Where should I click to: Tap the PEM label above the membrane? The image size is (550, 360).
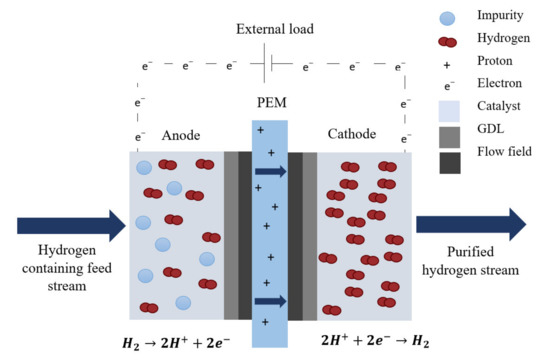[268, 106]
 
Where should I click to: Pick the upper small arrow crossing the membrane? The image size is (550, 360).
[271, 171]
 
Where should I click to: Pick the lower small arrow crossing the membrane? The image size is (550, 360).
[271, 300]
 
